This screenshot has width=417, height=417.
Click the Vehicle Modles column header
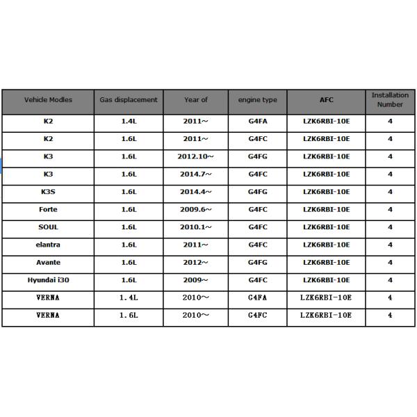[48, 100]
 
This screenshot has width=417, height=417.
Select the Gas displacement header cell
[129, 100]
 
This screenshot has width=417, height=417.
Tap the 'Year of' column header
[196, 100]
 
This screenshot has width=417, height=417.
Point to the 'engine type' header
[257, 100]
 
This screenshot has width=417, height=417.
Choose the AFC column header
[326, 100]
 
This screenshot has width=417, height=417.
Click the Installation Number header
[390, 99]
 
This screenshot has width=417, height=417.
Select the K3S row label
[48, 192]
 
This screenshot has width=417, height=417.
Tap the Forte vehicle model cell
[48, 209]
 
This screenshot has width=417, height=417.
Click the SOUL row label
[48, 227]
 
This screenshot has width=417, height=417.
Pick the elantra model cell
[48, 245]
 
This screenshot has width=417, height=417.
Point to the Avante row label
[48, 263]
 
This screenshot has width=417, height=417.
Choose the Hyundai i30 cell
[48, 280]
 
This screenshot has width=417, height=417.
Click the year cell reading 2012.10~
[196, 156]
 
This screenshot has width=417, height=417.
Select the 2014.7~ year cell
[196, 174]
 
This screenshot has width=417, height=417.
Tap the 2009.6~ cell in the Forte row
[196, 209]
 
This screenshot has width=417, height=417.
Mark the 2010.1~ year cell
[196, 227]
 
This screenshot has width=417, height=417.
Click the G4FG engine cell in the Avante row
[257, 263]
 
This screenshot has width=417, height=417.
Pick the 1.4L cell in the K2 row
[129, 121]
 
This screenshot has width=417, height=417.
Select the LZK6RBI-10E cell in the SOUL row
[326, 227]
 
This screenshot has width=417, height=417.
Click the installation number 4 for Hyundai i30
[390, 280]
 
